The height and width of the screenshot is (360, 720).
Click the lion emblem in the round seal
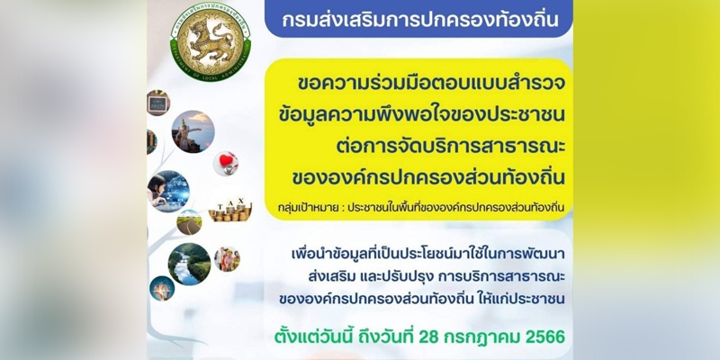pos(211,38)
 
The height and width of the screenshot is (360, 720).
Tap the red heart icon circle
pos(226,164)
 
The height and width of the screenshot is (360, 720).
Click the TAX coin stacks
pos(230,210)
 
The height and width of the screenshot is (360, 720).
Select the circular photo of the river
pos(190,264)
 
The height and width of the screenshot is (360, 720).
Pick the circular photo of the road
pos(189,222)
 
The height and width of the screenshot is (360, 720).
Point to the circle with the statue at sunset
pos(193,131)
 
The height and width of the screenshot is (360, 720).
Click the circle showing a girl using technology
pos(168,192)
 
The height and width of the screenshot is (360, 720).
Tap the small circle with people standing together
pos(227,259)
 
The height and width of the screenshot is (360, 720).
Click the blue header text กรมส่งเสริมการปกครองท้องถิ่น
pos(420,20)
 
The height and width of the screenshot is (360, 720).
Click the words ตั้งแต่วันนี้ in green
pos(311,336)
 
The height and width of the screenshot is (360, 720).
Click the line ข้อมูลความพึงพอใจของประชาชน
pos(421,115)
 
